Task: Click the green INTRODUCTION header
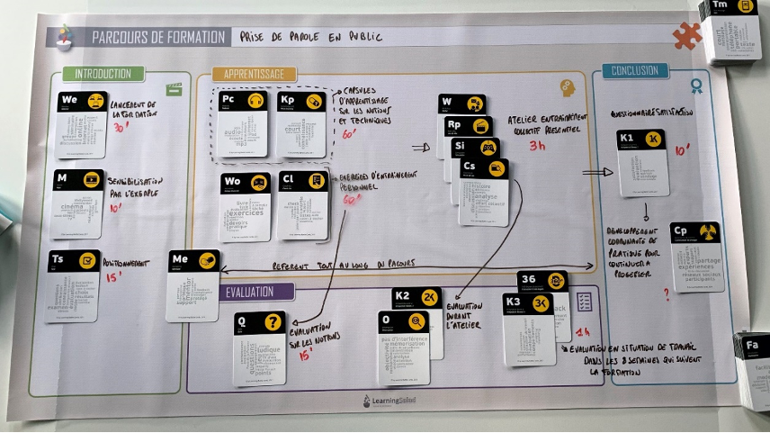pos(103,74)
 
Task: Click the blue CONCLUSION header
pos(634,70)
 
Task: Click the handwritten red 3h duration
pos(537,145)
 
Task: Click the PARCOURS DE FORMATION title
pos(157,37)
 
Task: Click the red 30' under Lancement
pos(121,129)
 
